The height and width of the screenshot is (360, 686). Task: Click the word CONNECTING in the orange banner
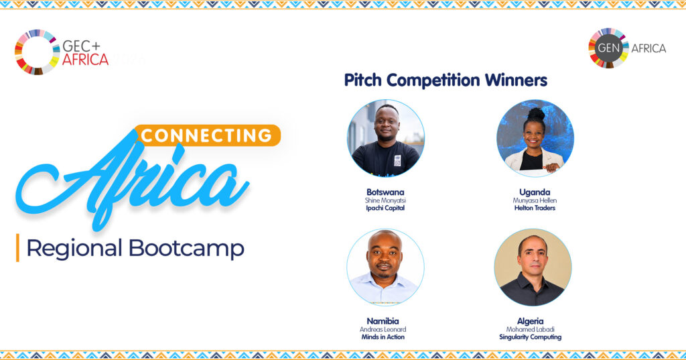[206, 136]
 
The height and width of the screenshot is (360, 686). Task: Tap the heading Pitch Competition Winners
[445, 80]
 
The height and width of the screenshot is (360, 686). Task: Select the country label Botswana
[385, 192]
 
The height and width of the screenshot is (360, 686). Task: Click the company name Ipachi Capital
[385, 208]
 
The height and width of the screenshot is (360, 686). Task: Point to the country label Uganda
[535, 192]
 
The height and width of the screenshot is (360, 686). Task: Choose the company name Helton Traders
[535, 208]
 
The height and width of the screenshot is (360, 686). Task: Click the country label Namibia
[383, 321]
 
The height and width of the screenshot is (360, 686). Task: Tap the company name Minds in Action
[383, 337]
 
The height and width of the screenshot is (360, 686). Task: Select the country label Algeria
[531, 321]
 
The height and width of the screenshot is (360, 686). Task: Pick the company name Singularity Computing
[531, 337]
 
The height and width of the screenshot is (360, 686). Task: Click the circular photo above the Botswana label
[385, 138]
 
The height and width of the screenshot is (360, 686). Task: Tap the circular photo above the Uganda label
[535, 138]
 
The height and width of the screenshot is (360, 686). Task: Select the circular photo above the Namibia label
[385, 267]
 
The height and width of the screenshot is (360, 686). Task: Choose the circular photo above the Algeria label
[533, 267]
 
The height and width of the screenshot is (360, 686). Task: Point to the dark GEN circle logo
[608, 48]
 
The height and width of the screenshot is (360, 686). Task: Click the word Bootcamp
[186, 249]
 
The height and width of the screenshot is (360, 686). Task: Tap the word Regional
[74, 249]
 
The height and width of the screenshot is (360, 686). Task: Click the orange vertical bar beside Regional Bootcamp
[17, 247]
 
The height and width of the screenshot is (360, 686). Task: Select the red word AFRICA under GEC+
[85, 60]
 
